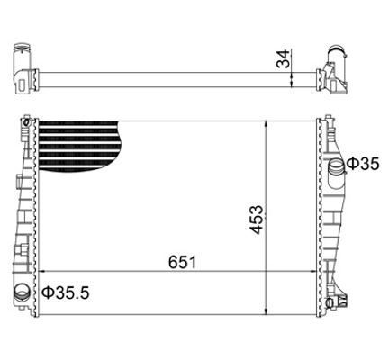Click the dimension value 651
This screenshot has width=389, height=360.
182,262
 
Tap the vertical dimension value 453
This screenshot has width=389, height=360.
257,220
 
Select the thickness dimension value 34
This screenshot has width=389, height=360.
283,59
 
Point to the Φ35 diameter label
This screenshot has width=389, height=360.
363,164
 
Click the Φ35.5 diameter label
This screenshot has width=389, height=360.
66,292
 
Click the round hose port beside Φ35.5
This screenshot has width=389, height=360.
23,291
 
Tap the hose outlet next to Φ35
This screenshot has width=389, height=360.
337,169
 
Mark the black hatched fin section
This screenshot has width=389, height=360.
78,146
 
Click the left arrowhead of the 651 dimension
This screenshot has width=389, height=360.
42,271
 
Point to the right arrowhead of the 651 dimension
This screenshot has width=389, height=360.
313,271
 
